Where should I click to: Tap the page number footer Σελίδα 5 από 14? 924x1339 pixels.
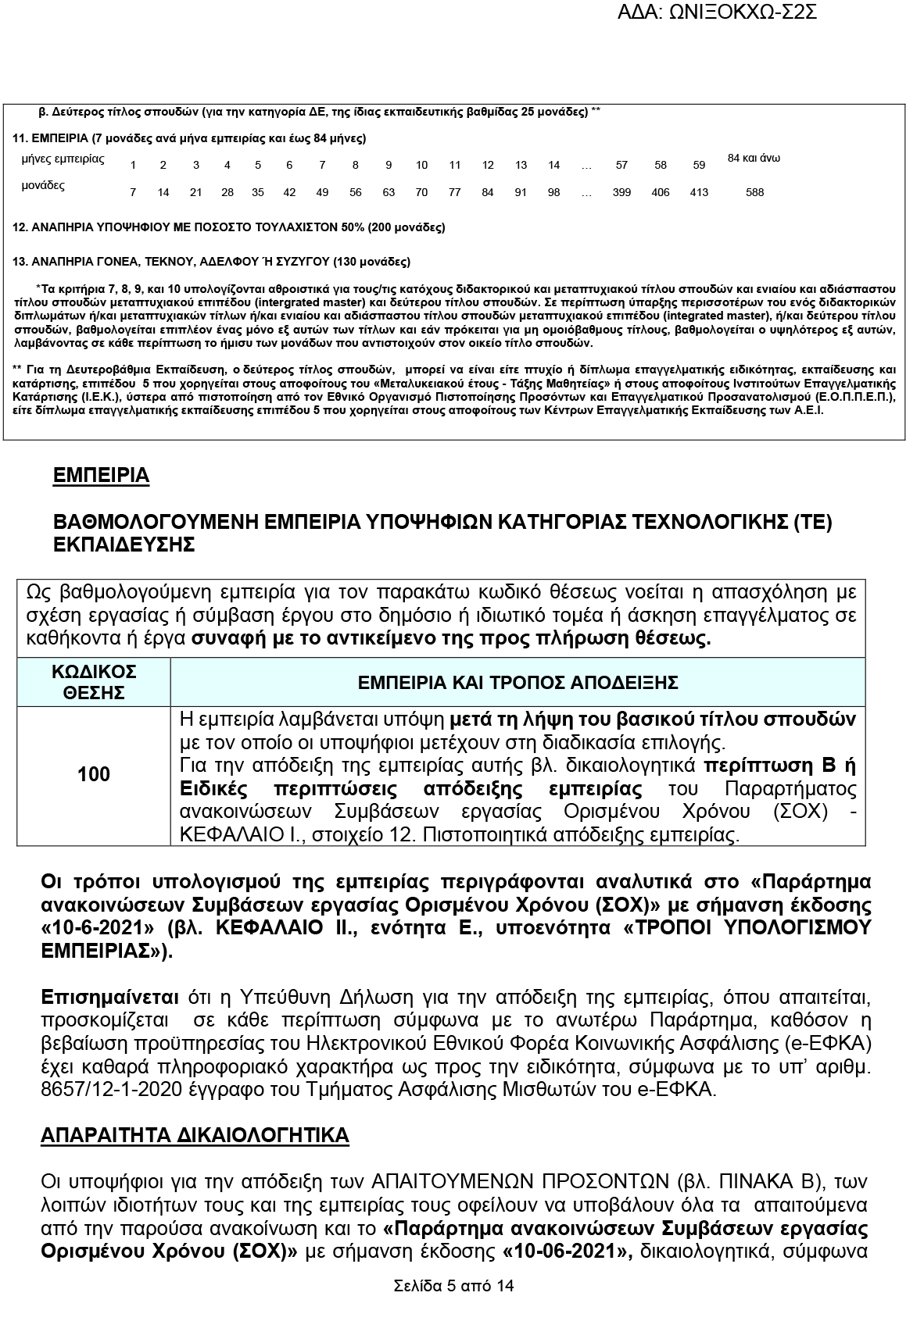click(454, 1286)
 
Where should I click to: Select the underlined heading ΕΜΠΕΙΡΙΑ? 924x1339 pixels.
click(101, 476)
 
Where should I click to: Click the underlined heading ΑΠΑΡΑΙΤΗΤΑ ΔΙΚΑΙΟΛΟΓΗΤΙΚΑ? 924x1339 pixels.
click(195, 1135)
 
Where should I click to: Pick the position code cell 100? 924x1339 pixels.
click(94, 774)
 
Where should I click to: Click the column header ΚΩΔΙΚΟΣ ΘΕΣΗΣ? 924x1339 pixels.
click(94, 682)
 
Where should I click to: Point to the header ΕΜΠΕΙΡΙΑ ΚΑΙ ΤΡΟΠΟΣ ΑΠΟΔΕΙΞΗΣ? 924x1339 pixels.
click(517, 683)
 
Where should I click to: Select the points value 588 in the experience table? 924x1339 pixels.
click(754, 192)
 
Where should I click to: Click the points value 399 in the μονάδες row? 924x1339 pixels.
click(621, 192)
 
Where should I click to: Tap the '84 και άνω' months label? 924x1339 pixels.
click(754, 159)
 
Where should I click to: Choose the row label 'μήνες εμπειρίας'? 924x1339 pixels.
click(63, 159)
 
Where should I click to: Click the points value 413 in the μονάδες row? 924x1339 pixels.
click(699, 192)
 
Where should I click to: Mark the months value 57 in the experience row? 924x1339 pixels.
click(621, 165)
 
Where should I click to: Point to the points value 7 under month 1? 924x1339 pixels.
click(133, 192)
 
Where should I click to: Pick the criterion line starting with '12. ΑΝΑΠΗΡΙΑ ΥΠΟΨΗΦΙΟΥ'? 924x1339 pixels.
click(229, 227)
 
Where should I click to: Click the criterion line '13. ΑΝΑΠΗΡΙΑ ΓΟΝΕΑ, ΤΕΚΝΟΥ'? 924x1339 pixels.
click(212, 262)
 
